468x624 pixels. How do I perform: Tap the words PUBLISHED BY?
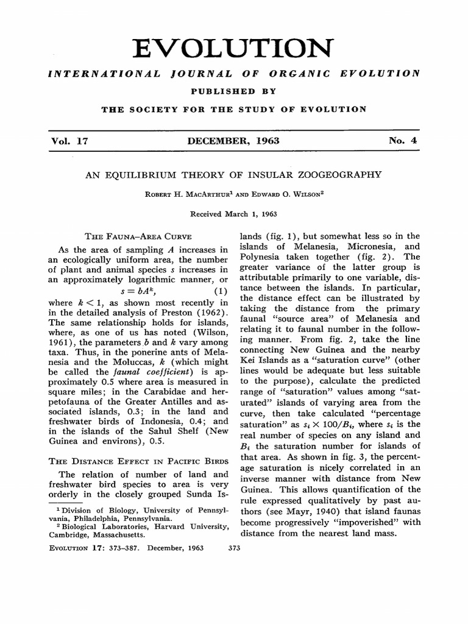tap(234, 91)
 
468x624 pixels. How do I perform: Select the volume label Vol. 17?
tap(71, 141)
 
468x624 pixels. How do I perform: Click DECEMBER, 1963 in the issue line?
tap(234, 141)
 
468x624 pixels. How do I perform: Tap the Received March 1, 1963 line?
tap(234, 214)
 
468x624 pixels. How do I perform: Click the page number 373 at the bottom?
tap(234, 548)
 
